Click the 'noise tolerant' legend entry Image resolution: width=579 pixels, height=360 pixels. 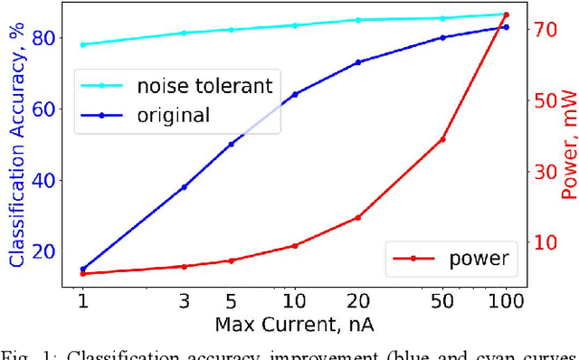click(204, 87)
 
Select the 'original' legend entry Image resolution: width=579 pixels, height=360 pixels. click(173, 115)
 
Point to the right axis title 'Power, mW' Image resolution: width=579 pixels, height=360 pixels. click(568, 145)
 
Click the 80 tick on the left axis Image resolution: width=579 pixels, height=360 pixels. click(45, 37)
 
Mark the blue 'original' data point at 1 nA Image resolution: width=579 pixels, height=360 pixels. click(83, 269)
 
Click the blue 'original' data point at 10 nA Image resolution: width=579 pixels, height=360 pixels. click(295, 94)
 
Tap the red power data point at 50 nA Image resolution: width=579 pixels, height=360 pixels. click(442, 139)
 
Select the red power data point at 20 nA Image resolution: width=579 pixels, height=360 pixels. click(358, 217)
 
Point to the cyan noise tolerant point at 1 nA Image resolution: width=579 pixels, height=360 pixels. click(83, 44)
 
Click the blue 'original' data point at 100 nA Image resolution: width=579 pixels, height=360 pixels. click(506, 27)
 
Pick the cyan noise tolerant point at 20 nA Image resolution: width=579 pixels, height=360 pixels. click(358, 20)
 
